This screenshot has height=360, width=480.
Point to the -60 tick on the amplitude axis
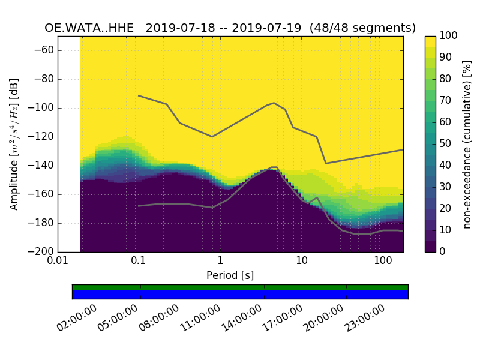45,50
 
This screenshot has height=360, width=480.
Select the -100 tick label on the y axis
43,108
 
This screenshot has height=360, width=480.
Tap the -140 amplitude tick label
43,166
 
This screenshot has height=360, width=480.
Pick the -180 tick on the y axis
43,223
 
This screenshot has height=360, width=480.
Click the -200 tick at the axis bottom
43,251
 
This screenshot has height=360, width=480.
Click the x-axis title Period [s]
230,275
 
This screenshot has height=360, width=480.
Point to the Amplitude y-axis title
14,144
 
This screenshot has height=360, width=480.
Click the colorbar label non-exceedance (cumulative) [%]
468,144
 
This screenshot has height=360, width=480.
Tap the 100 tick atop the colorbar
449,36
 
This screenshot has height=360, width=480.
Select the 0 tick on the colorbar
444,251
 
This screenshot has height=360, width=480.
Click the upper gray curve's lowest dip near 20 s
326,163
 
